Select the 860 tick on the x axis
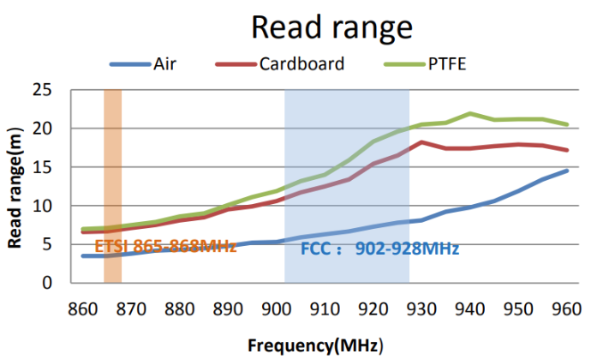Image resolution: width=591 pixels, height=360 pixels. click(81, 308)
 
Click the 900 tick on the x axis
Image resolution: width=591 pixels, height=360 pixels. click(276, 308)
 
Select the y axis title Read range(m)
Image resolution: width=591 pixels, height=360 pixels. click(15, 188)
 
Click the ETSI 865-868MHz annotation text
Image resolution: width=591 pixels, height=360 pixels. click(165, 247)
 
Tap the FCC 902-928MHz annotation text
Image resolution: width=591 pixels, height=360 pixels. click(379, 249)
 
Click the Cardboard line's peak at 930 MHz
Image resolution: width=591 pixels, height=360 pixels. click(421, 142)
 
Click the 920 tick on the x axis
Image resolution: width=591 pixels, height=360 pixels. click(373, 308)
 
